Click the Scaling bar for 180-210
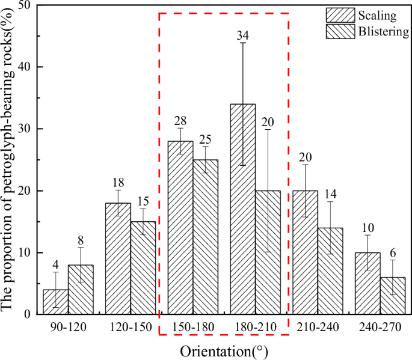point(242,209)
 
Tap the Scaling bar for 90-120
point(55,302)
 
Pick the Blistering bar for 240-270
point(393,296)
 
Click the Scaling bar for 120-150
point(118,258)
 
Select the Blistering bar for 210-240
point(330,270)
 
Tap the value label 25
point(205,140)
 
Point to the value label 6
point(392,254)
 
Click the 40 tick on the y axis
point(25,67)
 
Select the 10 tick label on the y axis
point(25,252)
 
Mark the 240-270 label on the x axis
point(380,328)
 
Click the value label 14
point(330,194)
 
